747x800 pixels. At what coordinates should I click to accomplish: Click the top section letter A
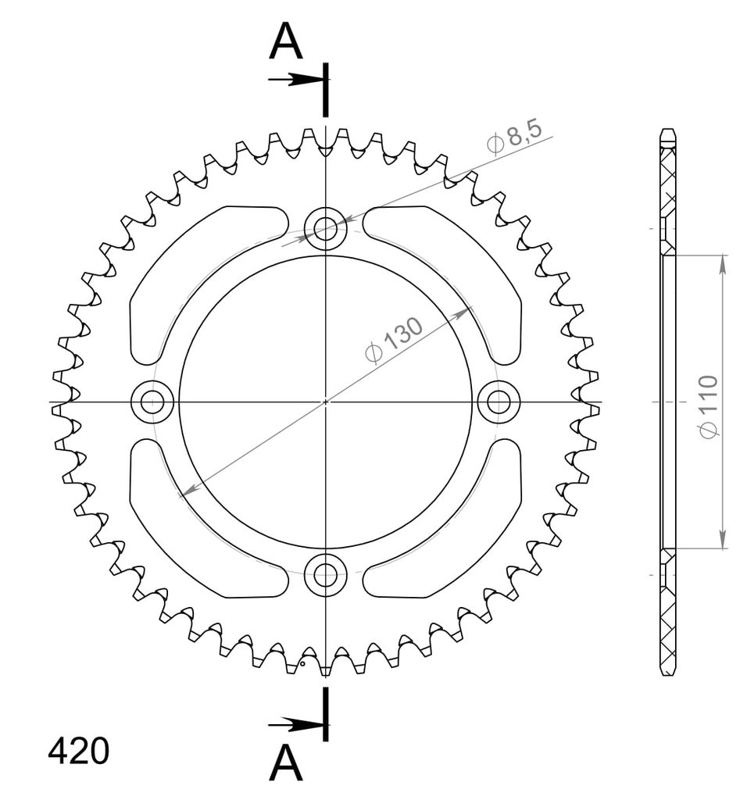tap(286, 42)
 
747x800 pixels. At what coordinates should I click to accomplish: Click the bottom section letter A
tap(286, 762)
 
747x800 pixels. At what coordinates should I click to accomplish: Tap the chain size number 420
tap(79, 751)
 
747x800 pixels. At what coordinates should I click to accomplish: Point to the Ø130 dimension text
tap(395, 340)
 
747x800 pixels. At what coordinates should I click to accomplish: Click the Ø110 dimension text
tap(709, 406)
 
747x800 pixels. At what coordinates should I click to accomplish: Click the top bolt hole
tap(326, 228)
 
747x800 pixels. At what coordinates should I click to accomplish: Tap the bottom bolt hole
tap(326, 576)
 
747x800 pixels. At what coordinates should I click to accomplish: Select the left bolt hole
tap(152, 402)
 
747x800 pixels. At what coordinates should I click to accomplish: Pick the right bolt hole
tap(499, 402)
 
